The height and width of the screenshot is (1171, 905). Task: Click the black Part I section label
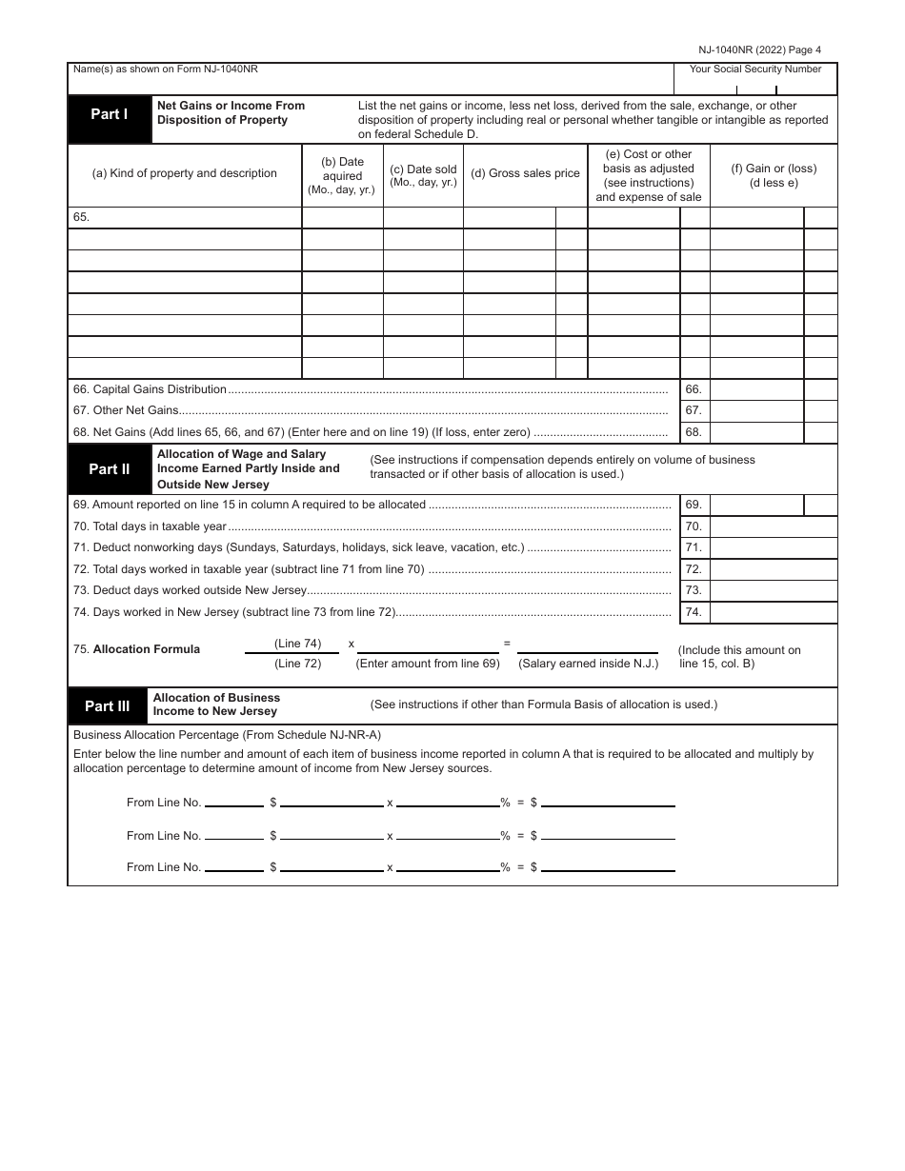pos(110,114)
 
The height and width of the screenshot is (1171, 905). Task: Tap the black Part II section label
pos(110,468)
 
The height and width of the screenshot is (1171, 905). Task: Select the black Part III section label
pos(107,705)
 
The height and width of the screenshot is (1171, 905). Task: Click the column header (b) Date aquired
pos(342,175)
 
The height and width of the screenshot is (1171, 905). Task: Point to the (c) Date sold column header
pos(423,175)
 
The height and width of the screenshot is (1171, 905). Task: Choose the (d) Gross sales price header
pos(525,174)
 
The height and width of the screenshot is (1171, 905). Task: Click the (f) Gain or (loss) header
pos(774,175)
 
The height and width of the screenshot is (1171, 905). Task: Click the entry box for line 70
pos(773,526)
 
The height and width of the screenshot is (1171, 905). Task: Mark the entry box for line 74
pos(773,612)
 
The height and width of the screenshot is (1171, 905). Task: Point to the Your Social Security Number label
pos(754,69)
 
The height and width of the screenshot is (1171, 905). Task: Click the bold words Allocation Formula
pos(146,649)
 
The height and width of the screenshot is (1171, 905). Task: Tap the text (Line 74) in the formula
pos(298,644)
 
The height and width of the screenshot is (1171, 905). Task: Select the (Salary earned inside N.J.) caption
pos(588,664)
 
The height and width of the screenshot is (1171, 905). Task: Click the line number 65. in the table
pos(81,217)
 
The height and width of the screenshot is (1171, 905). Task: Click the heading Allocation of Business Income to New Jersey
pos(217,705)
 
